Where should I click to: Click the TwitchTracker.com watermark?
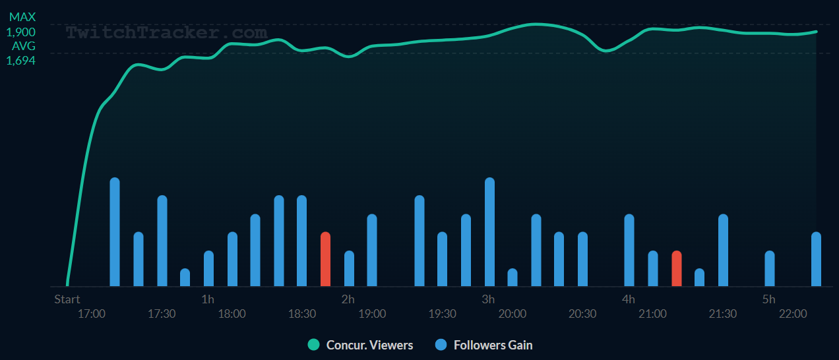pos(166,32)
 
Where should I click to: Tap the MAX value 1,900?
pos(21,32)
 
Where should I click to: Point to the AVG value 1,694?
pos(21,61)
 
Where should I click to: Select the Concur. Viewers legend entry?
pos(369,345)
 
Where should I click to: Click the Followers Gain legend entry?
pos(493,345)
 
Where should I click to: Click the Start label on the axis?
pos(67,299)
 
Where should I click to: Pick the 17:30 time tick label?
pos(162,314)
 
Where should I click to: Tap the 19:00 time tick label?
pos(372,314)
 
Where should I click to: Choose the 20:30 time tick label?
pos(582,314)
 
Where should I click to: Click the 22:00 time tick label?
pos(793,314)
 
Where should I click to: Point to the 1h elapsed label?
pos(208,299)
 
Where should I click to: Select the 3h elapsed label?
pos(488,299)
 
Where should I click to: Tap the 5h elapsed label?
pos(768,299)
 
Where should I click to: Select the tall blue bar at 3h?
pos(489,232)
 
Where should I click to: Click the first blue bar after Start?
pos(115,232)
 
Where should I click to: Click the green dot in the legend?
pos(313,345)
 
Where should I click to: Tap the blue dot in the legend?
pos(441,345)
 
